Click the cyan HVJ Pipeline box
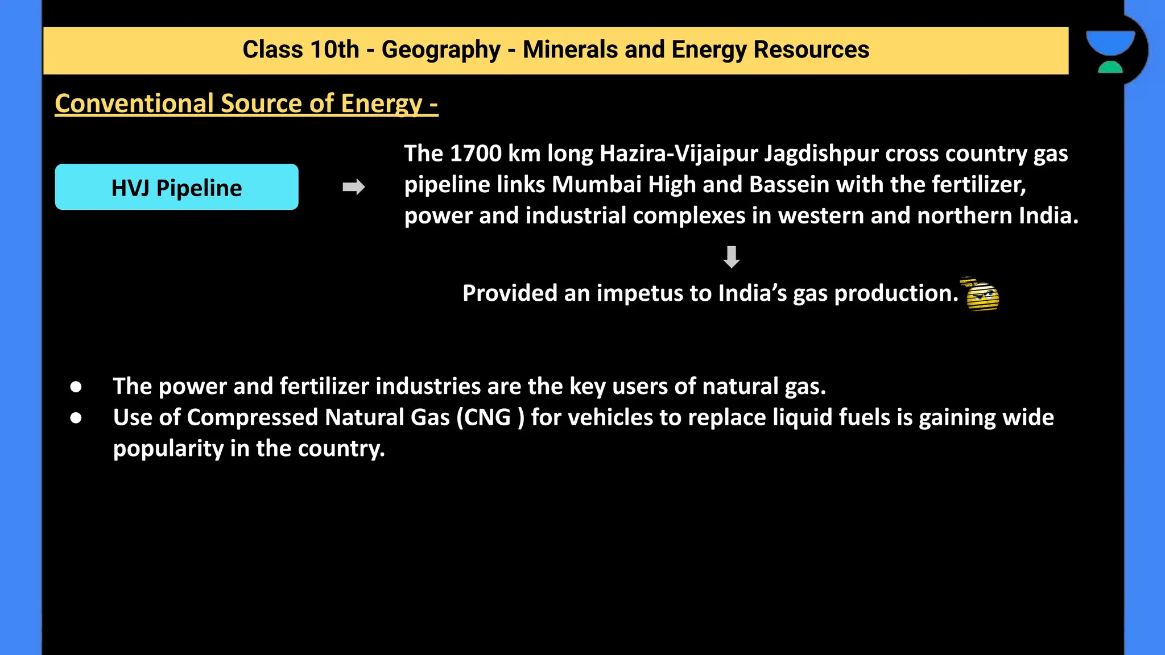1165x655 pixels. click(x=176, y=187)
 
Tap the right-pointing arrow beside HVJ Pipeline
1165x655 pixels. click(x=353, y=187)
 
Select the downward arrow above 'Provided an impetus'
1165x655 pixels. click(x=731, y=257)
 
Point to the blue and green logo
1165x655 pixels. click(x=1110, y=51)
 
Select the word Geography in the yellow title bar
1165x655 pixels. click(x=441, y=50)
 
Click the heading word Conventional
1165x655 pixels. click(x=134, y=103)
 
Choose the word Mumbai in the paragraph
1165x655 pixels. click(x=596, y=185)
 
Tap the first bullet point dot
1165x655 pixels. click(x=76, y=387)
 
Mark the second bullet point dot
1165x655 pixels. click(x=76, y=418)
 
